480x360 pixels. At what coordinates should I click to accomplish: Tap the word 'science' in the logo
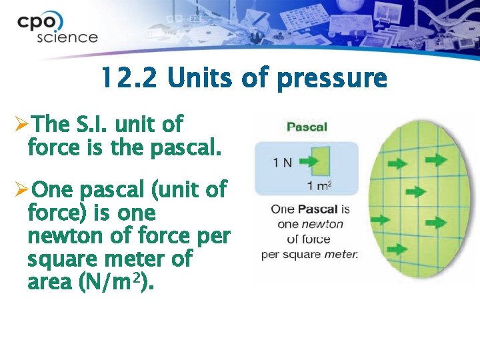pyautogui.click(x=67, y=37)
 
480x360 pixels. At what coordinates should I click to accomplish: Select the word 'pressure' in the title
pyautogui.click(x=331, y=79)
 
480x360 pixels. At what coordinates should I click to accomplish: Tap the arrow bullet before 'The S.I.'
pyautogui.click(x=21, y=124)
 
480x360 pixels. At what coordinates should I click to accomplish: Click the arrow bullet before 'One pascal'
pyautogui.click(x=21, y=191)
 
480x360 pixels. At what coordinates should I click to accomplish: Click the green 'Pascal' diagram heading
pyautogui.click(x=306, y=127)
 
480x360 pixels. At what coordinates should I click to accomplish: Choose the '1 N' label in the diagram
pyautogui.click(x=283, y=162)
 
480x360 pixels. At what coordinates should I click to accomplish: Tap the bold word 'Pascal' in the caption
pyautogui.click(x=317, y=209)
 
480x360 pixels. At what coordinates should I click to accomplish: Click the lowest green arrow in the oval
pyautogui.click(x=398, y=249)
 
